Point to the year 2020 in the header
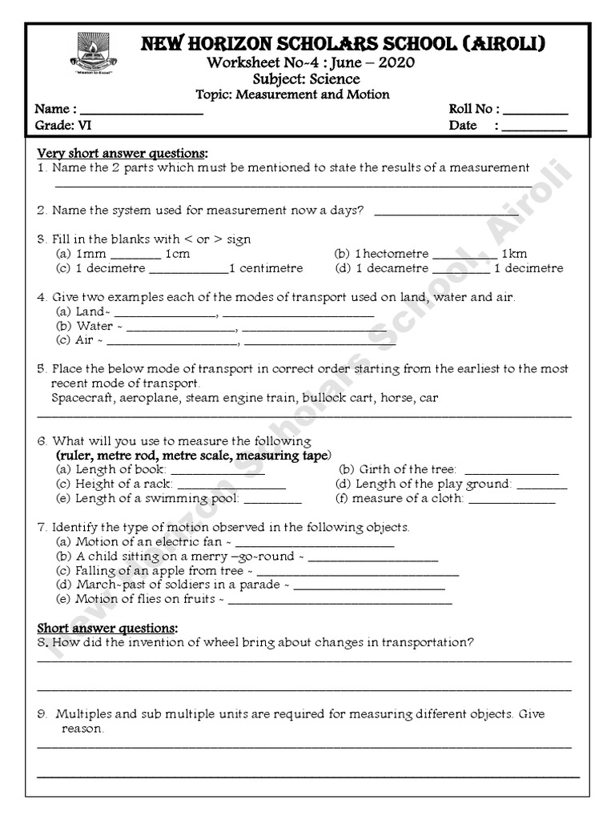click(x=397, y=63)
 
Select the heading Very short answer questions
click(x=123, y=153)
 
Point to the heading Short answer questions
click(x=107, y=627)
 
